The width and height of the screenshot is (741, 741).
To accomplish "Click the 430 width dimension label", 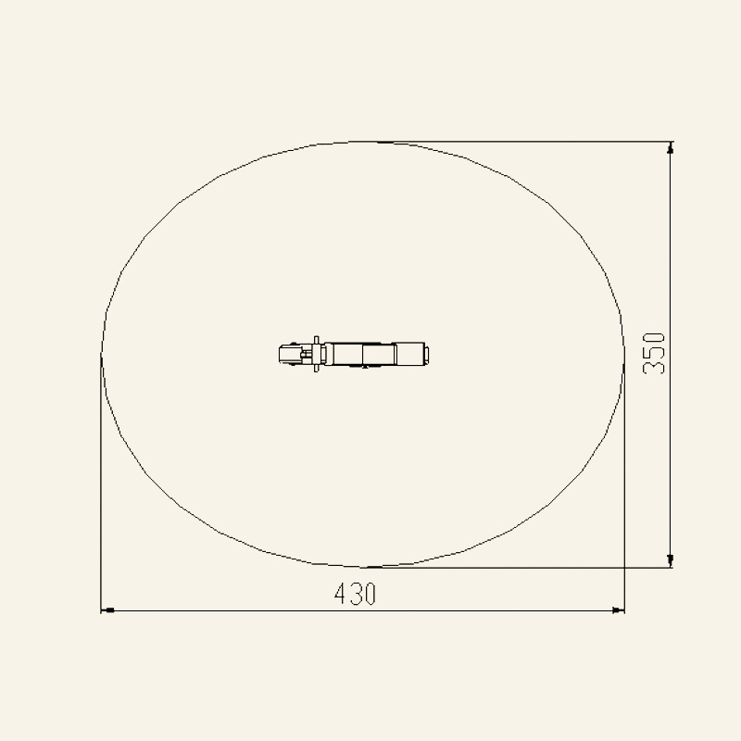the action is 355,594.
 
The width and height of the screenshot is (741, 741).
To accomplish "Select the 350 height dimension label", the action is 654,354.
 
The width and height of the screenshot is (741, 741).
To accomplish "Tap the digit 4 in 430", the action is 340,594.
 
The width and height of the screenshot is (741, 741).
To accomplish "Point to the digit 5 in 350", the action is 654,354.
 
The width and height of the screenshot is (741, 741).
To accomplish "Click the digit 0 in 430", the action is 370,594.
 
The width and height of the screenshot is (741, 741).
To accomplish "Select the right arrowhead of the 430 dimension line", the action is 618,610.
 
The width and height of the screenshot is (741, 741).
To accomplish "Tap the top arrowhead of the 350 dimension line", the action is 670,148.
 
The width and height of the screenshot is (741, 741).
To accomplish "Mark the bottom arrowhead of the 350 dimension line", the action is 670,561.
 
